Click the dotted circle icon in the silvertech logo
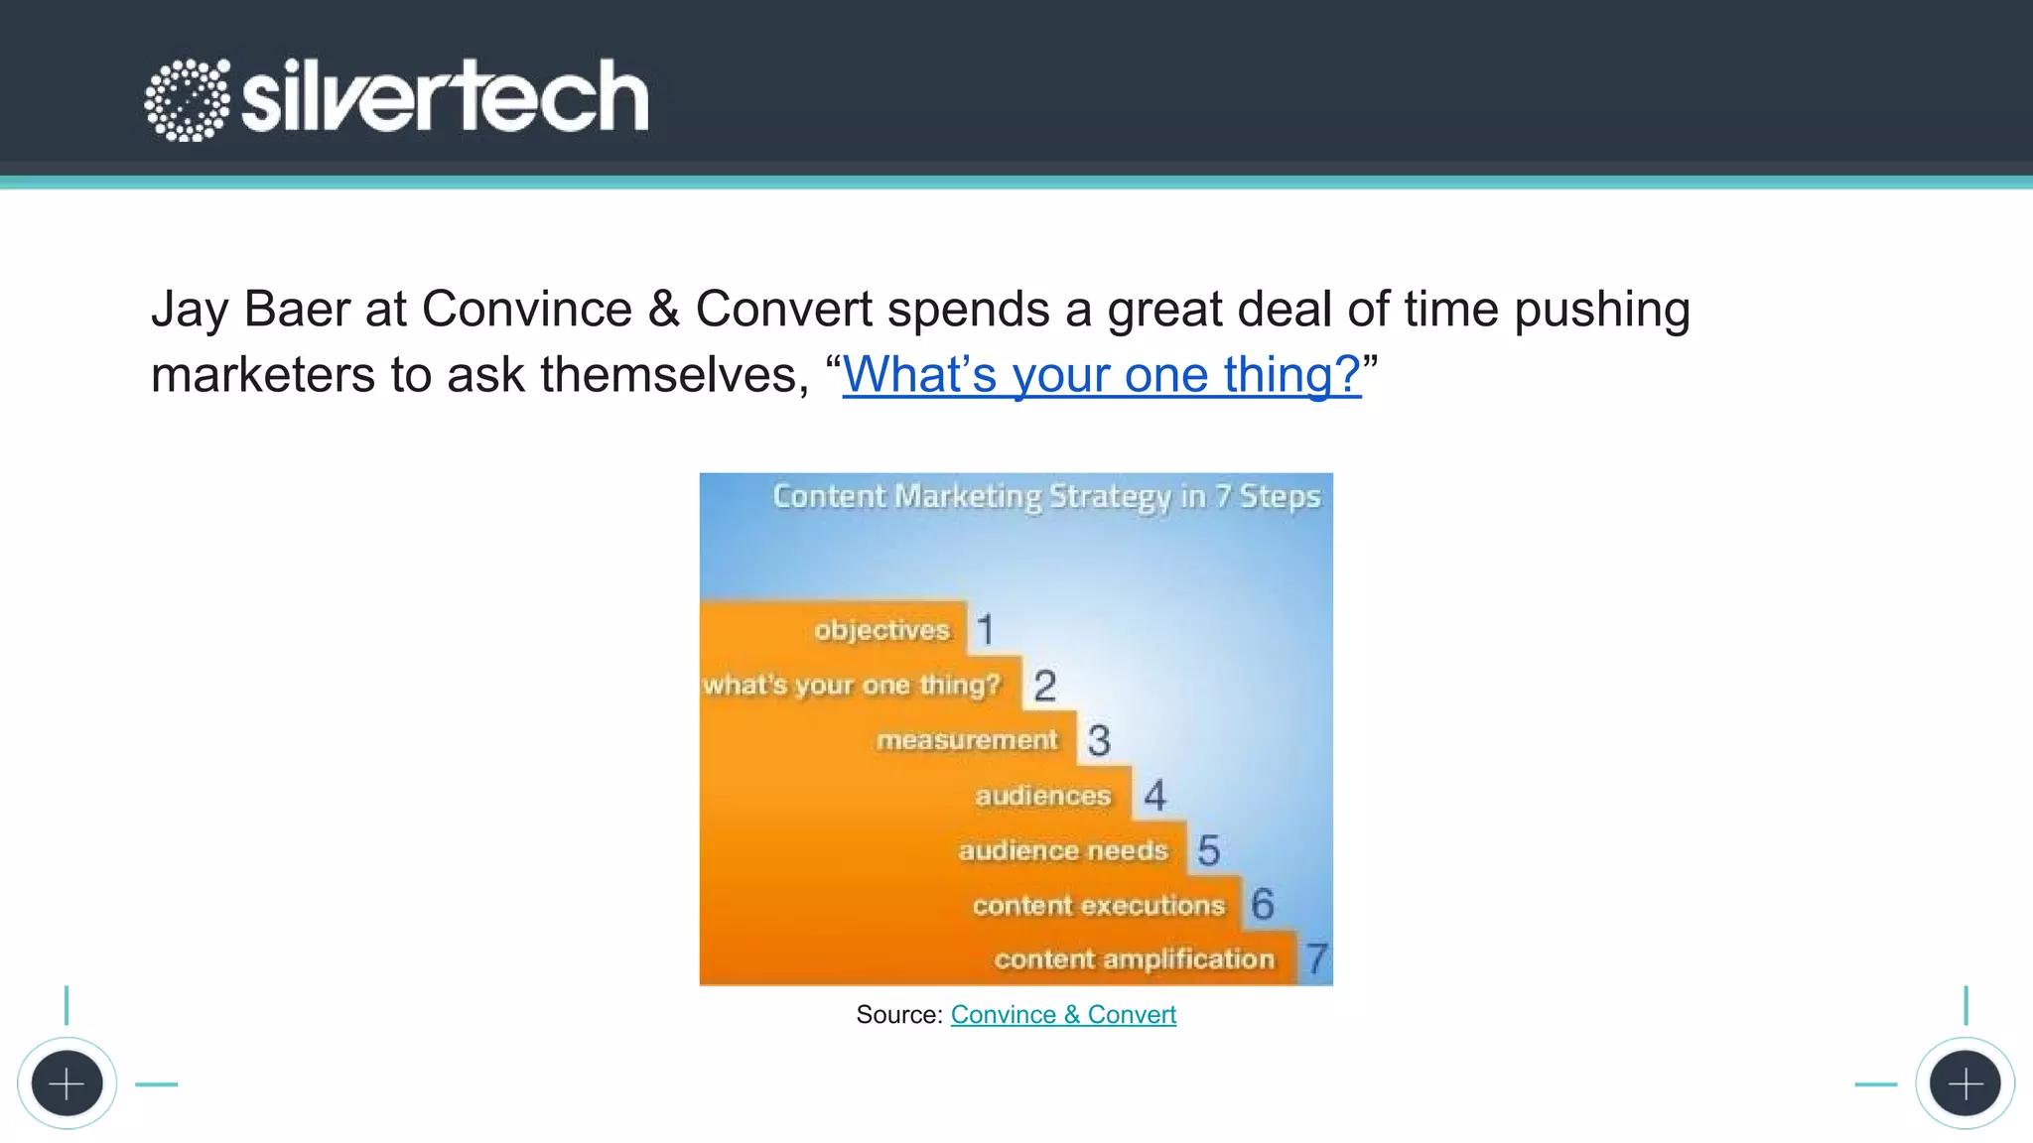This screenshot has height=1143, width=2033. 187,99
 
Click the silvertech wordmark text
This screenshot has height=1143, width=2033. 445,97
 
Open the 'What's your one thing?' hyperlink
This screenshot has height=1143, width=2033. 1101,375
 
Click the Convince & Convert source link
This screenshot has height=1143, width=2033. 1063,1014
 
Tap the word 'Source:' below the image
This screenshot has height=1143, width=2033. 898,1014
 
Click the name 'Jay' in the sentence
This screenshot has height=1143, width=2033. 190,310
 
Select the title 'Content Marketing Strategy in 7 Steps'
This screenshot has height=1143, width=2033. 1046,495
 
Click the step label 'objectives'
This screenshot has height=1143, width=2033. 881,630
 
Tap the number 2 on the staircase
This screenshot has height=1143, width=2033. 1044,686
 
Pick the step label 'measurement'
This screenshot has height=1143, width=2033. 967,740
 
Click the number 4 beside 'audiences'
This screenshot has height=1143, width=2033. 1154,796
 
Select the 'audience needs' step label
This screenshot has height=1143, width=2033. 1062,850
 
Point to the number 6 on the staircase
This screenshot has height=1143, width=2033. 1262,904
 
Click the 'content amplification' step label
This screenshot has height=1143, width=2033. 1134,959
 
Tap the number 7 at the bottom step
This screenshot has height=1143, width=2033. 1316,958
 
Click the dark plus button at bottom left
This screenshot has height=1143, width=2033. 67,1083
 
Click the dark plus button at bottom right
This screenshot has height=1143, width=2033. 1965,1083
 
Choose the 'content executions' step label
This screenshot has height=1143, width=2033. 1098,905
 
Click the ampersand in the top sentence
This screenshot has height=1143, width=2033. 663,310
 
